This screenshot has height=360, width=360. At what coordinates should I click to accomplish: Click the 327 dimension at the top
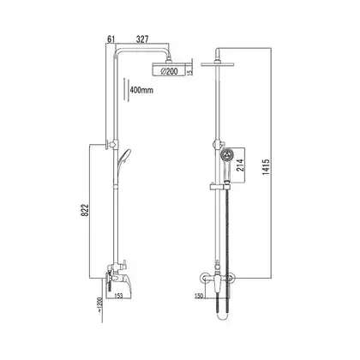tap(142, 39)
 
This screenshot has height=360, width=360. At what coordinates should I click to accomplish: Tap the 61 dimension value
tap(111, 39)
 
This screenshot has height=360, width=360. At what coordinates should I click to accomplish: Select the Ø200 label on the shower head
tap(169, 71)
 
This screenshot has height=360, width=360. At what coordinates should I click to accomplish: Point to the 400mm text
tap(141, 90)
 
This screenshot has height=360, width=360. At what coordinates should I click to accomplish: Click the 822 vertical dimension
tap(86, 211)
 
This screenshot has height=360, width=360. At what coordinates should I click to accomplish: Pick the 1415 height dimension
tap(266, 167)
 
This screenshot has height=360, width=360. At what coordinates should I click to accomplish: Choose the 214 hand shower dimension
tap(240, 165)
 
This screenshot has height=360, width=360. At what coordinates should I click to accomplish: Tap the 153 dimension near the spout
tap(118, 296)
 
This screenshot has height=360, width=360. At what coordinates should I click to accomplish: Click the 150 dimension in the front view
tap(198, 296)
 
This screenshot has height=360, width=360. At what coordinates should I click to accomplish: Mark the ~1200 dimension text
tap(99, 304)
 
